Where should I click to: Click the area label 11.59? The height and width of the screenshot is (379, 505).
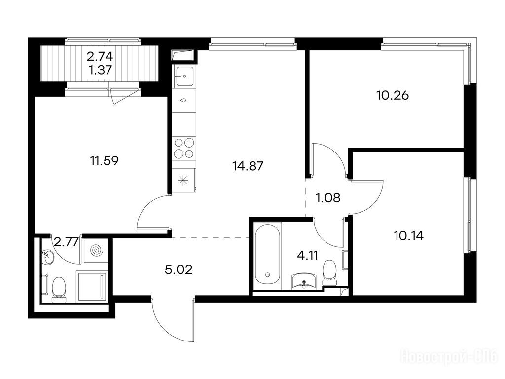click(105, 160)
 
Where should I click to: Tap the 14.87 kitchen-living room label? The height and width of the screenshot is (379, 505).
click(248, 166)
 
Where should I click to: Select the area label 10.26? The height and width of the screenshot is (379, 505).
click(393, 95)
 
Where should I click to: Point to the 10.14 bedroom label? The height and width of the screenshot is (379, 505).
click(409, 236)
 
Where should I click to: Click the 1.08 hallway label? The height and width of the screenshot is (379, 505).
click(328, 198)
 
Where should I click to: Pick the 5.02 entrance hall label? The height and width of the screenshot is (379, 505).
click(179, 269)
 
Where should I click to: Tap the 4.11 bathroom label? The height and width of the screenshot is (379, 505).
click(308, 255)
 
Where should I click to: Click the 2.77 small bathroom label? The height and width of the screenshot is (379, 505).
click(67, 242)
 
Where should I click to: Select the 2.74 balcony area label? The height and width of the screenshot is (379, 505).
click(100, 57)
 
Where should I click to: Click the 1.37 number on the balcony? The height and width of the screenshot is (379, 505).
click(101, 70)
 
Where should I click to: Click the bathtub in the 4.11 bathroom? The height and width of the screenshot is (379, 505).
click(267, 254)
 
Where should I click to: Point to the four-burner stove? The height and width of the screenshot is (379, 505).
click(184, 148)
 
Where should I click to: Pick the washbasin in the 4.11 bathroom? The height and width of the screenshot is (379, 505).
click(304, 280)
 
